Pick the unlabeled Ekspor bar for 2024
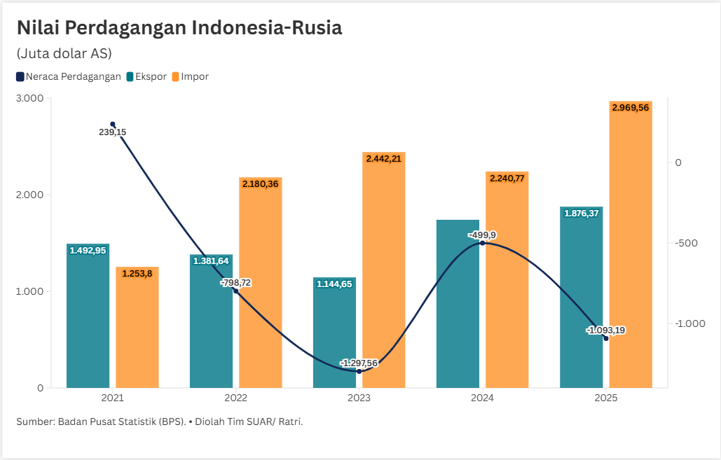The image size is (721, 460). (458, 308)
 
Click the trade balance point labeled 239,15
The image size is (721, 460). (113, 125)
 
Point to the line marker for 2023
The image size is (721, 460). (359, 371)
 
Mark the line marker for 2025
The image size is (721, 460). (606, 338)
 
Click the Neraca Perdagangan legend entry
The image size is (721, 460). (69, 77)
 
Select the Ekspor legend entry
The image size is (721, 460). (146, 77)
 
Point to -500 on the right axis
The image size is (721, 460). (687, 243)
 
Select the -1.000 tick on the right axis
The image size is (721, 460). (689, 323)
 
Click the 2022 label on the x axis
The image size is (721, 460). (235, 398)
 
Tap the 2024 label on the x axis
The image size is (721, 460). (482, 398)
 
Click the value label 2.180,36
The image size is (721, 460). (261, 183)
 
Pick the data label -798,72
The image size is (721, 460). (236, 282)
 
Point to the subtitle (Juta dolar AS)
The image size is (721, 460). (64, 53)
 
